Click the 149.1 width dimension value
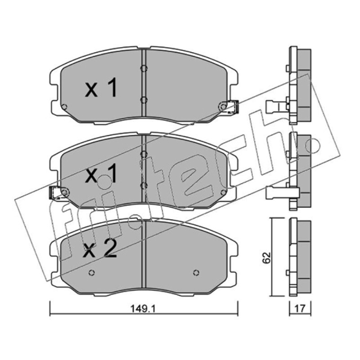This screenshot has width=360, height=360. point(143,309)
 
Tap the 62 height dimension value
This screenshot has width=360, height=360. point(267,257)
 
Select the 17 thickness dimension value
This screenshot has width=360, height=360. point(300,309)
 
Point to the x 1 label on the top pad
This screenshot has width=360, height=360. point(101,87)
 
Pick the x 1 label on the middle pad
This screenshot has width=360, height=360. point(101,174)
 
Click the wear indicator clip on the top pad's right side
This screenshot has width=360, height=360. point(233,107)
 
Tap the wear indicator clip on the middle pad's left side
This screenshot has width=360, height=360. point(55,193)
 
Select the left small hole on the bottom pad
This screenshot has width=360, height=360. point(92,273)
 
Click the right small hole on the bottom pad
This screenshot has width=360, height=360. point(196,273)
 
